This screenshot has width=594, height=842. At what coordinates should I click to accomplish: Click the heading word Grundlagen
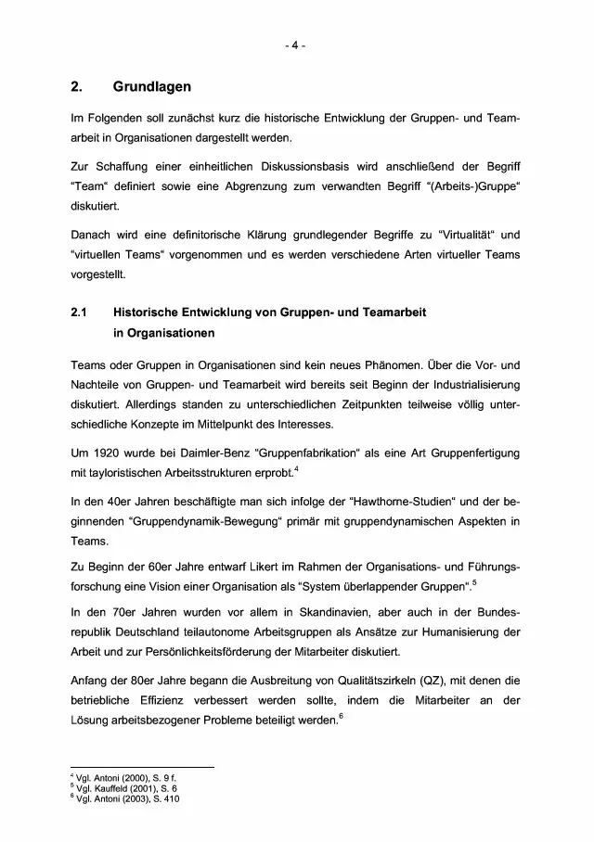pos(152,87)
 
